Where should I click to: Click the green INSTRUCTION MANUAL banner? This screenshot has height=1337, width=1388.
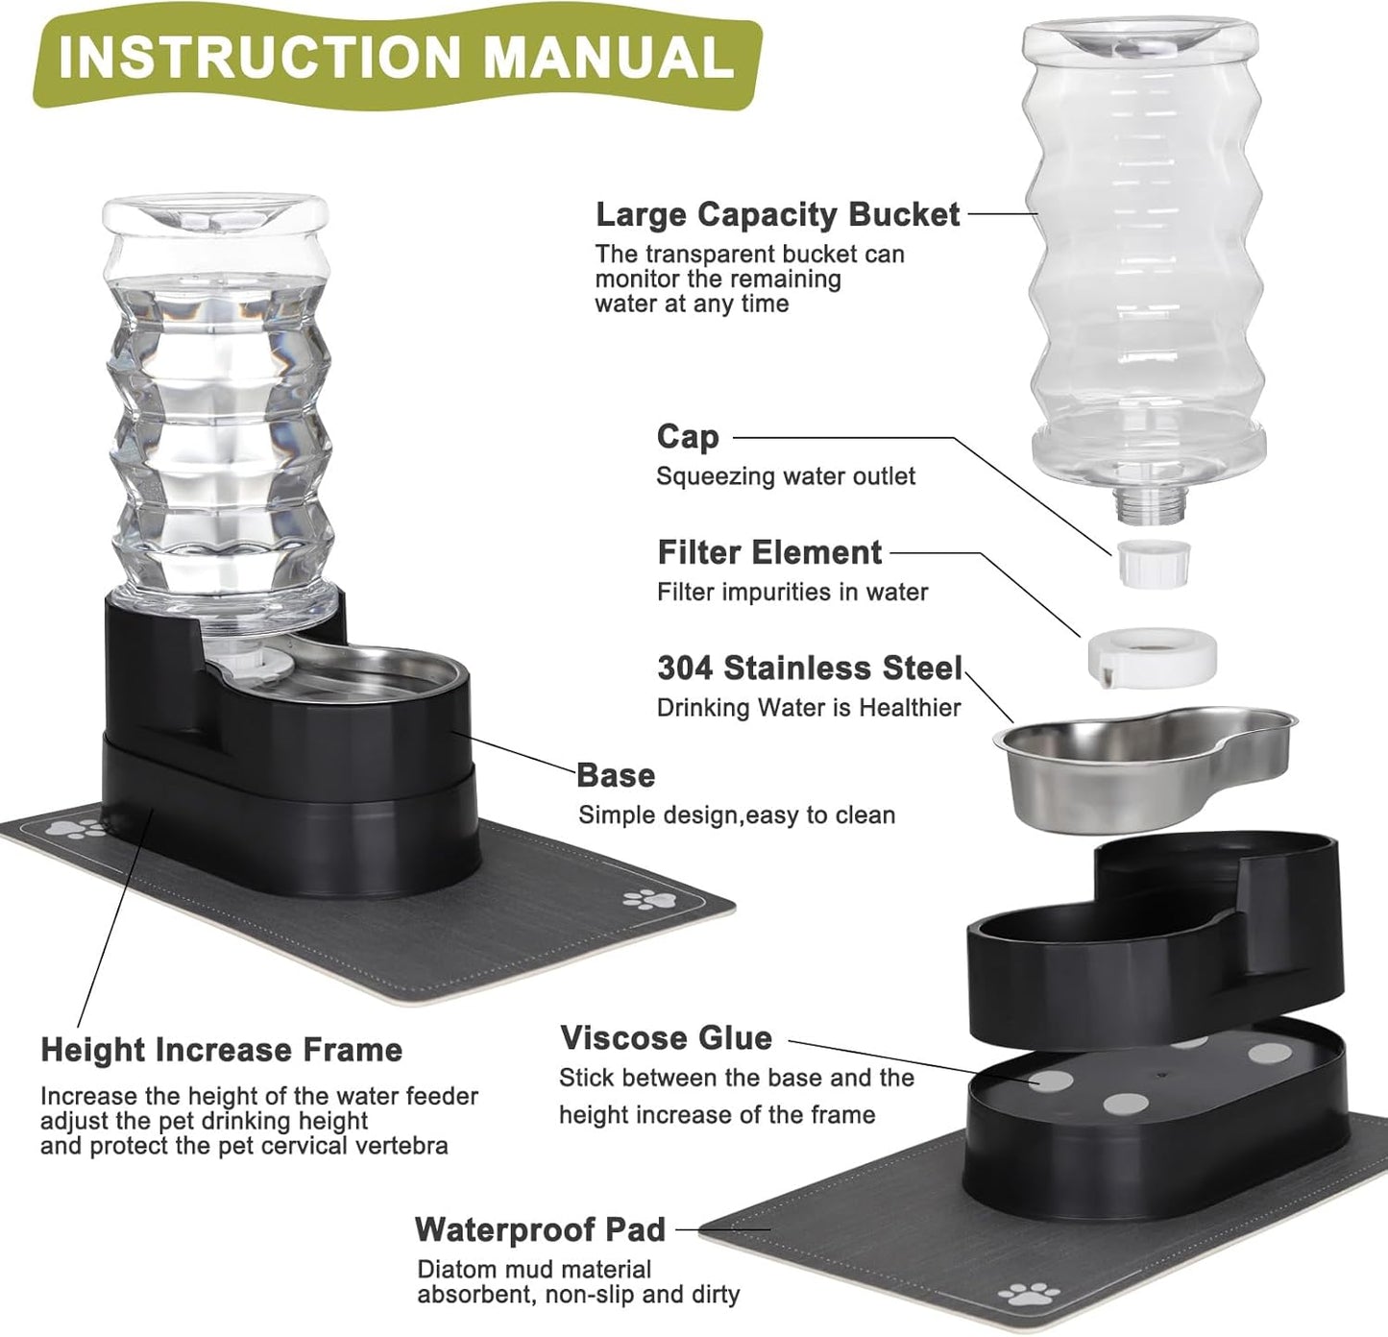[394, 60]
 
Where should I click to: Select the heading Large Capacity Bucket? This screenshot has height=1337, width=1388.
[777, 214]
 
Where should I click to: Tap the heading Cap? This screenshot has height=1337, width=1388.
[687, 436]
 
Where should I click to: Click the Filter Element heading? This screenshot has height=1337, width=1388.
[768, 552]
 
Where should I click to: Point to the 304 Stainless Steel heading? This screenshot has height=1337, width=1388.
[809, 668]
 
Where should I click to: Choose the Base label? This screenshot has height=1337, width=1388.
[616, 775]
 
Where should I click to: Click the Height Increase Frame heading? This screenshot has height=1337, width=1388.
[221, 1050]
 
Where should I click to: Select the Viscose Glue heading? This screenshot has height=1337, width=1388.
[666, 1037]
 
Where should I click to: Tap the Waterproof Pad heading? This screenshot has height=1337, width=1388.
[540, 1229]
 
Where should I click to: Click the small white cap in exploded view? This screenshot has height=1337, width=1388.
[1154, 562]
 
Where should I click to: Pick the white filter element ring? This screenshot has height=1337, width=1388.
[1152, 658]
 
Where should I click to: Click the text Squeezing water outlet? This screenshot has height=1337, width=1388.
[785, 476]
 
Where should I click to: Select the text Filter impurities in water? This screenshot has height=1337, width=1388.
[791, 592]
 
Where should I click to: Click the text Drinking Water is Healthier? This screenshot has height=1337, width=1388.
[808, 708]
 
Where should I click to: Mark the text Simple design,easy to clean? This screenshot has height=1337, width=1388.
[736, 815]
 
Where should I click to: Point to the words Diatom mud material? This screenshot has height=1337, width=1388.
[533, 1270]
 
